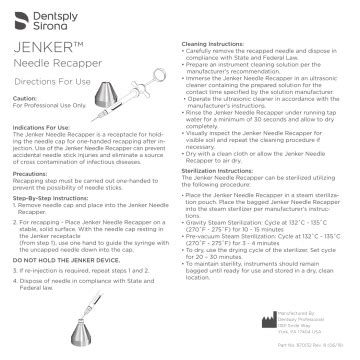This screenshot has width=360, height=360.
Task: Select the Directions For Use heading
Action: (x=53, y=89)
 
